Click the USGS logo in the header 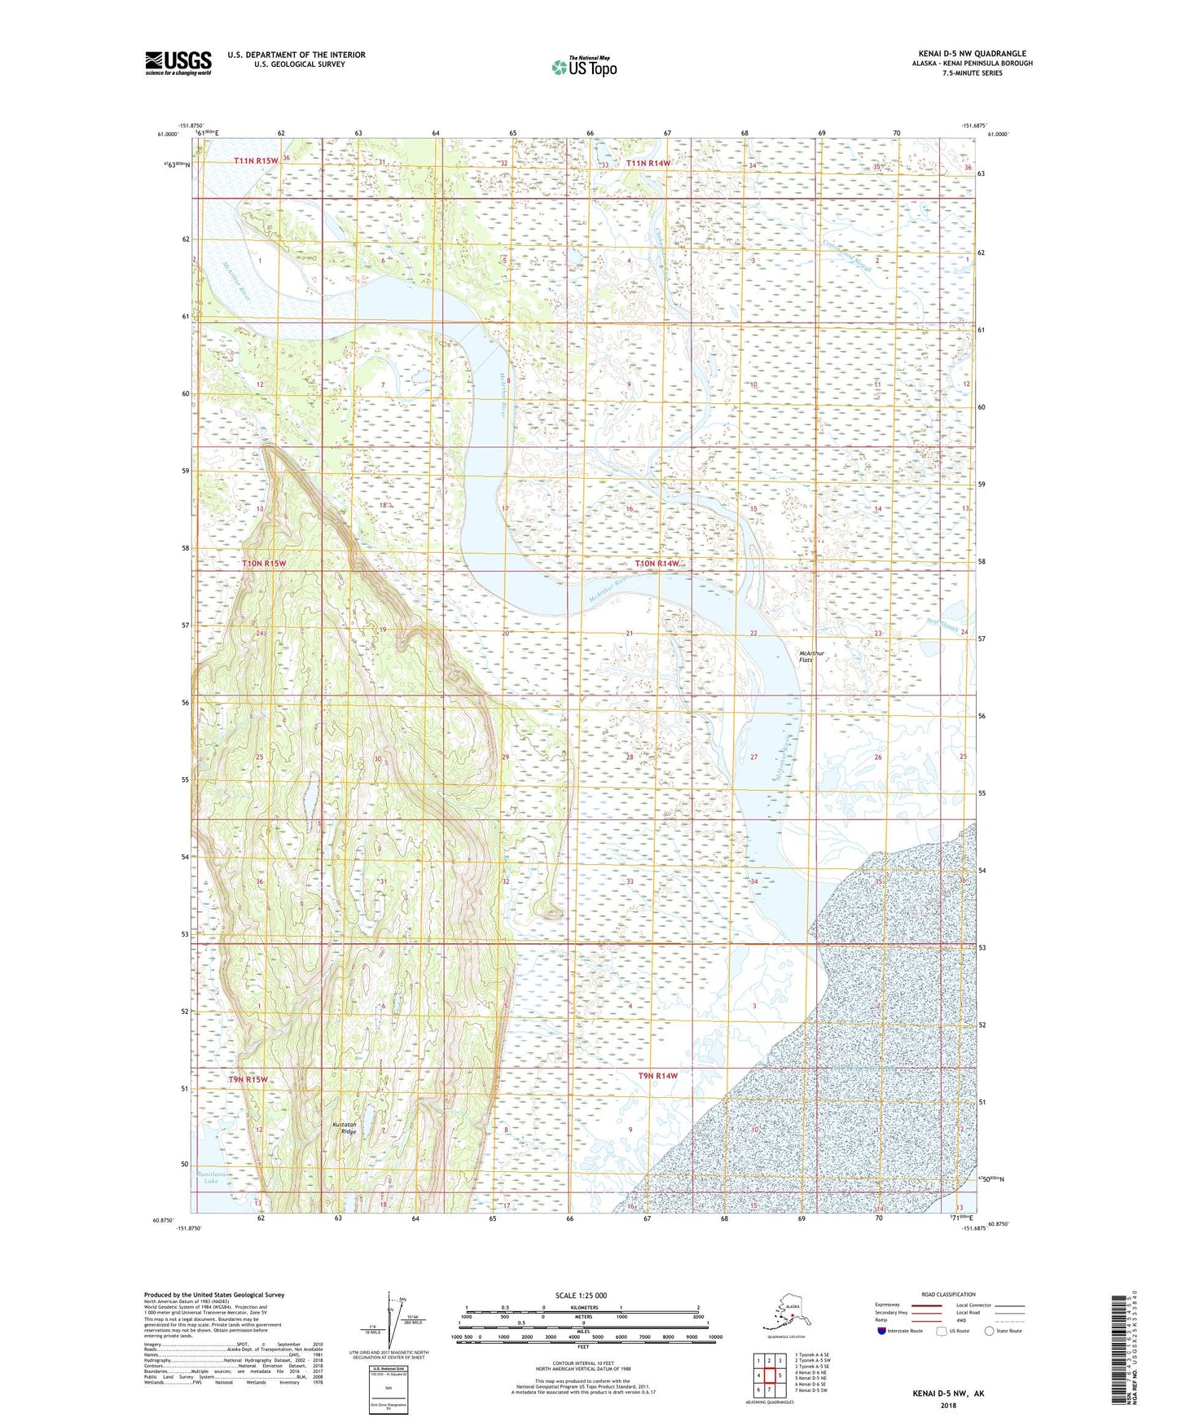(178, 63)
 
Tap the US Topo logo (583, 67)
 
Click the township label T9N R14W (657, 1076)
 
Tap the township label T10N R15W (264, 564)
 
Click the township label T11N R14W (648, 164)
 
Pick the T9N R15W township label (248, 1079)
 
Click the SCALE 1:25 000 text (582, 1295)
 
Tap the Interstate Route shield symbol (881, 1331)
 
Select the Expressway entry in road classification (888, 1305)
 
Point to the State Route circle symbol (989, 1331)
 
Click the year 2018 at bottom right (948, 1404)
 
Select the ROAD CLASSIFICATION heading (948, 1294)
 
